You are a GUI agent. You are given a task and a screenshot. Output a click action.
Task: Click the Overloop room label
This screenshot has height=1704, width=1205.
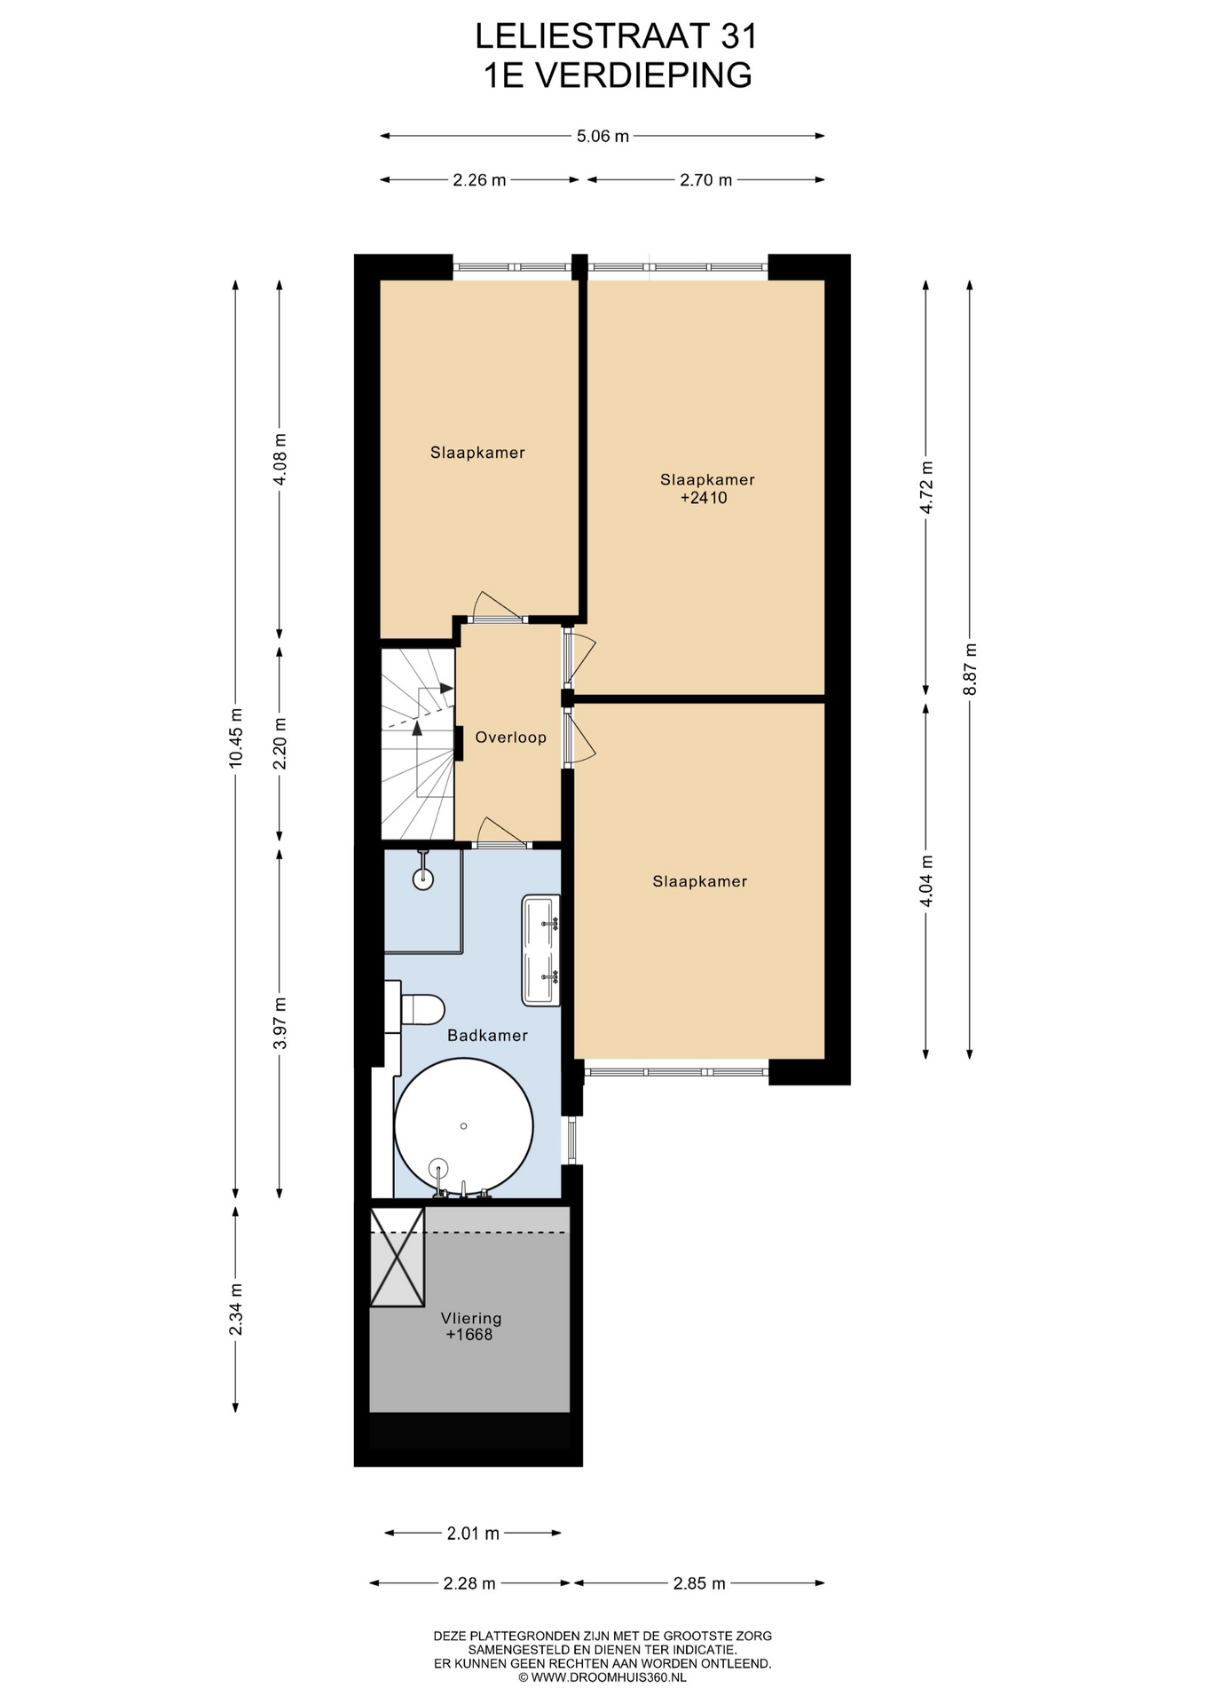(x=510, y=738)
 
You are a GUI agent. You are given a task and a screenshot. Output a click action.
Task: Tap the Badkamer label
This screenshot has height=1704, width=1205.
(x=487, y=1036)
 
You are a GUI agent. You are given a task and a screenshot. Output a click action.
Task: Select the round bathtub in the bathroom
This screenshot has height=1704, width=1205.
(x=463, y=1126)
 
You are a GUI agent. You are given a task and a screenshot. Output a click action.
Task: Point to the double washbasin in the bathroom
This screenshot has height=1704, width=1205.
(x=541, y=951)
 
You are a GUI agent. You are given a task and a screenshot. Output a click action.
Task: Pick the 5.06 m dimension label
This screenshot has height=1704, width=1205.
(x=602, y=136)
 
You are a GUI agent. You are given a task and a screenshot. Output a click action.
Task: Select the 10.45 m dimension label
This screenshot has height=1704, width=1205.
(x=235, y=738)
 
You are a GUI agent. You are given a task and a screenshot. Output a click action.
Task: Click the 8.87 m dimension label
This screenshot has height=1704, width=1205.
(x=970, y=669)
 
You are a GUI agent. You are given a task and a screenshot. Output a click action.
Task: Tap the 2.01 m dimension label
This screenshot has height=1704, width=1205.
(x=473, y=1533)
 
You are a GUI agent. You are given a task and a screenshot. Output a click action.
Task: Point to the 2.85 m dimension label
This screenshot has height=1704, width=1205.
(x=699, y=1583)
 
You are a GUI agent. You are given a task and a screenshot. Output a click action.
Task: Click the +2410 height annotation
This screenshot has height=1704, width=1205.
(x=704, y=498)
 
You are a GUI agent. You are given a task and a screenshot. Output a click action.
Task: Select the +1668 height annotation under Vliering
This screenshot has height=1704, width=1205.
(x=469, y=1335)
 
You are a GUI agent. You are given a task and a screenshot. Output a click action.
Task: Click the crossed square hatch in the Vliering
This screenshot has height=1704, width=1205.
(x=398, y=1258)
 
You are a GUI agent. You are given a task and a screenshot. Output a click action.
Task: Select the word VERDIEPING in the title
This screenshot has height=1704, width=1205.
(x=644, y=75)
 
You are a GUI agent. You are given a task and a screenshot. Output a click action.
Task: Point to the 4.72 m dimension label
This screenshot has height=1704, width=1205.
(x=926, y=487)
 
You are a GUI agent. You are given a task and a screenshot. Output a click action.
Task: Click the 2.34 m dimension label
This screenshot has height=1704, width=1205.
(x=235, y=1309)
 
